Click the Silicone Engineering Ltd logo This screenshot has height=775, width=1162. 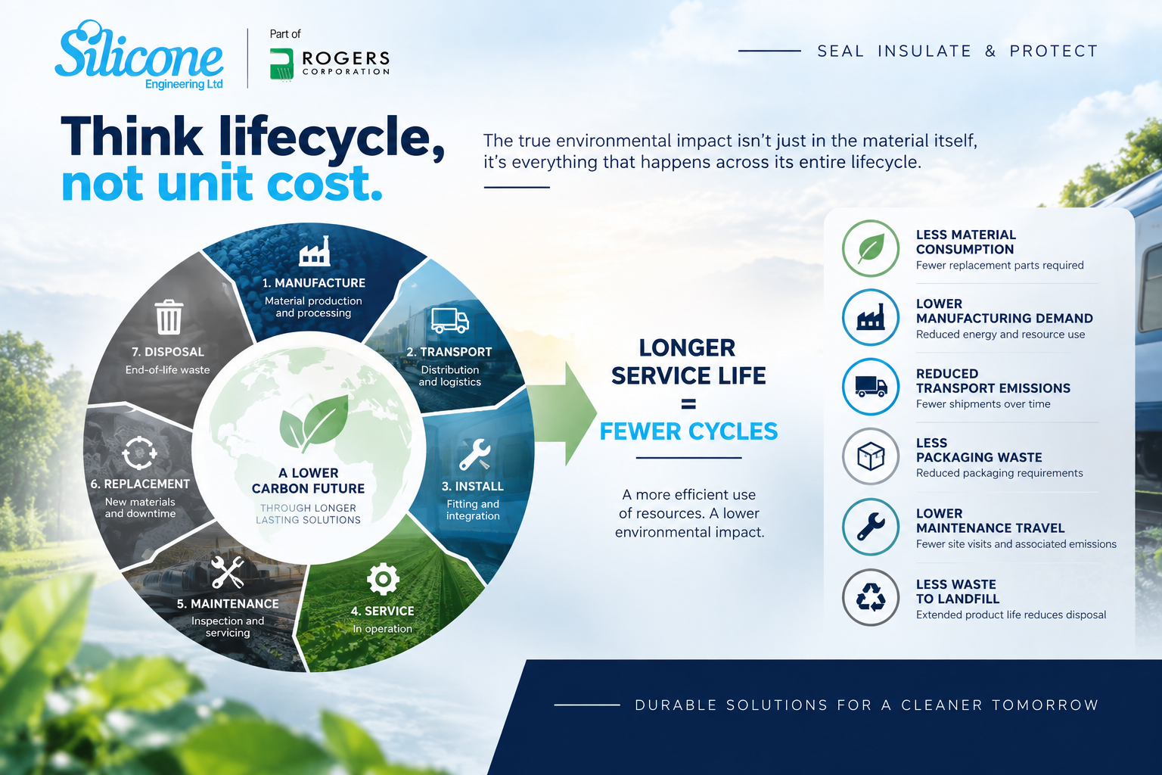[139, 55]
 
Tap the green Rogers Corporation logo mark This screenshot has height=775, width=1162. [281, 64]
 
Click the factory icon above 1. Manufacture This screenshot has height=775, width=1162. [315, 251]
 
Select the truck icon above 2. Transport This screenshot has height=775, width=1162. [450, 321]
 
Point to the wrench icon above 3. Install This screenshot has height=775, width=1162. [474, 454]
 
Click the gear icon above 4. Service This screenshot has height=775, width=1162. [383, 579]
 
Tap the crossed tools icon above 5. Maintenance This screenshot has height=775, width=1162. [227, 572]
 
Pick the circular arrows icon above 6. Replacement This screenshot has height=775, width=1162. [139, 453]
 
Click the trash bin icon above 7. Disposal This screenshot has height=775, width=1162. [169, 316]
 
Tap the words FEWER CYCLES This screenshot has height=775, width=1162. [688, 431]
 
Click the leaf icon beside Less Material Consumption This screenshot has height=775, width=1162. [871, 248]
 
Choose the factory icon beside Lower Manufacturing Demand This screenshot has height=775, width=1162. [871, 317]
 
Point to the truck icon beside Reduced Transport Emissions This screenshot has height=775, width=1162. [871, 387]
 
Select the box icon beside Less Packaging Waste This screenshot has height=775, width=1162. [871, 456]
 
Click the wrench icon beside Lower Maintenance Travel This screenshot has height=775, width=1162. [871, 527]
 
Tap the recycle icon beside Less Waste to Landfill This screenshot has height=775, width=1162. [871, 597]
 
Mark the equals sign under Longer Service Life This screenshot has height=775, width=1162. [688, 404]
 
